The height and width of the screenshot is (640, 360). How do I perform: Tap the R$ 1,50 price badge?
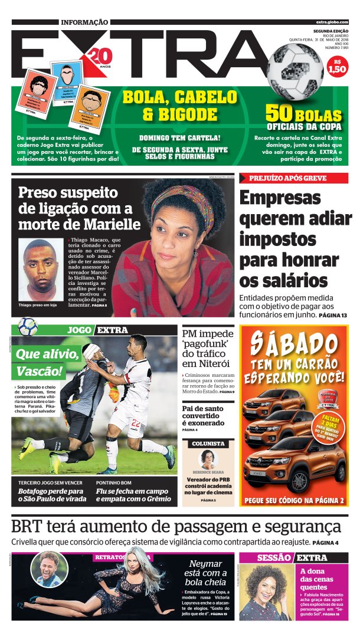(336, 65)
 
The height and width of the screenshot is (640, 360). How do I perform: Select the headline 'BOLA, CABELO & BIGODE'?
(179, 106)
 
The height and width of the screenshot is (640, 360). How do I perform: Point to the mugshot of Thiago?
(40, 269)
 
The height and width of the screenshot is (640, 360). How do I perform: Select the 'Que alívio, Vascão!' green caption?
(47, 363)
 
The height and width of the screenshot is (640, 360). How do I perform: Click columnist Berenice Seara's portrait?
(208, 460)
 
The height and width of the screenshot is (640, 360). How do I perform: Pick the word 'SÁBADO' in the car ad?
(294, 343)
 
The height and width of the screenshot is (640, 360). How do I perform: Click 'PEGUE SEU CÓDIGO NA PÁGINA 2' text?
(294, 501)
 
